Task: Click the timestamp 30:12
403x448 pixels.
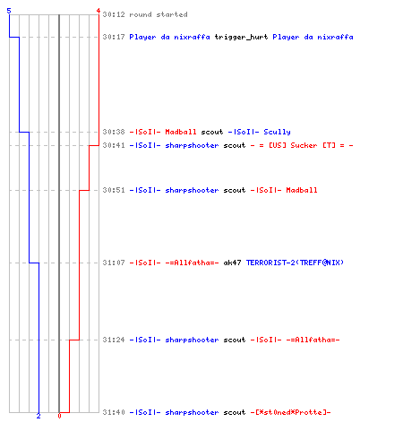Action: (x=114, y=14)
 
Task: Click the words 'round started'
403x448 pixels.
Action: (x=159, y=14)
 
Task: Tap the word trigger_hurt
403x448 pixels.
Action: (x=241, y=37)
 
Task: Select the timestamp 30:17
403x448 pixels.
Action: (x=114, y=37)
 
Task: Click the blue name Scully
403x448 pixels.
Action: (x=277, y=132)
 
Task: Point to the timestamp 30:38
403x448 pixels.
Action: (x=114, y=132)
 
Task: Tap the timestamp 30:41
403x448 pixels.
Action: (x=114, y=145)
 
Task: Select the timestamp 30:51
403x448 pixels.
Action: (x=114, y=190)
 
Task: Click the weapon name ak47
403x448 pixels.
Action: (x=232, y=263)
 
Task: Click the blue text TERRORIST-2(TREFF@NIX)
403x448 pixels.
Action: (x=295, y=263)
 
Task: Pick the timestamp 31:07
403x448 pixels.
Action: (x=114, y=263)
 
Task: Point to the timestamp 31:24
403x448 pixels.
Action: (x=114, y=340)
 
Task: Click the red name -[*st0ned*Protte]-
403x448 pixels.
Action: (x=290, y=412)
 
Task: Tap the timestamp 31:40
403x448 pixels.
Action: (x=114, y=412)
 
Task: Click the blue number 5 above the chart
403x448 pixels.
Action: (x=9, y=11)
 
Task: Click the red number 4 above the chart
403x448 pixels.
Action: (x=99, y=11)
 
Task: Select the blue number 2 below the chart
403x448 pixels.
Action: (x=39, y=416)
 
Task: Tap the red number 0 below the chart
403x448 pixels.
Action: (x=59, y=416)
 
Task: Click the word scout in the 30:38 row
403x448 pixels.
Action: (x=212, y=132)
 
